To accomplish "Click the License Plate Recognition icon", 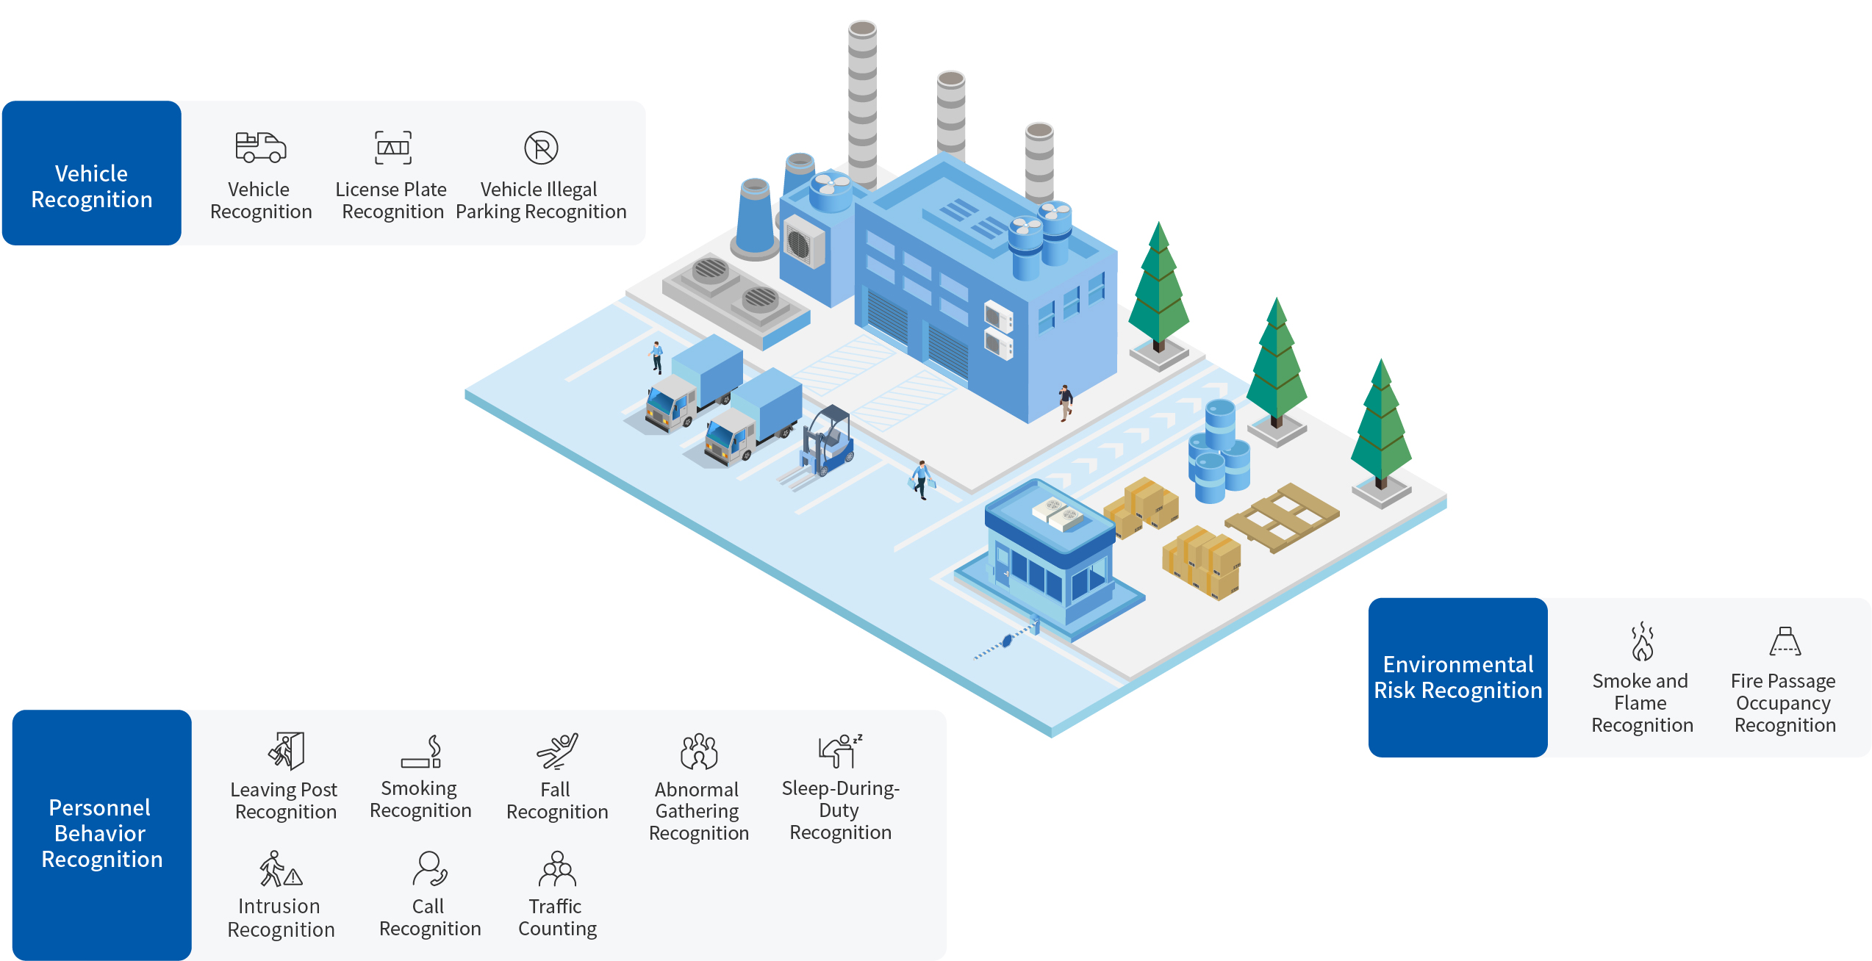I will pyautogui.click(x=393, y=148).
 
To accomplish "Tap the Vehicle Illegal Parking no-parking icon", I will pyautogui.click(x=541, y=148).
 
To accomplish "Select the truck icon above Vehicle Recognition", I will pyautogui.click(x=260, y=147).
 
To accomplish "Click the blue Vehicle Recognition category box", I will pyautogui.click(x=92, y=173).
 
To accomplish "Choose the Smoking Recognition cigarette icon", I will pyautogui.click(x=421, y=752).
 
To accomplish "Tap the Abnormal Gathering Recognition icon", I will pyautogui.click(x=699, y=751).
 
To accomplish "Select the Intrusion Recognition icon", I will pyautogui.click(x=281, y=869).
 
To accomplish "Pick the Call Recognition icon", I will pyautogui.click(x=430, y=869).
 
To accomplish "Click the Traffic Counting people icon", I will pyautogui.click(x=557, y=869).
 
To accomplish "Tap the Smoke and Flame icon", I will pyautogui.click(x=1642, y=641).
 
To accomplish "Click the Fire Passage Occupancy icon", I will pyautogui.click(x=1785, y=641).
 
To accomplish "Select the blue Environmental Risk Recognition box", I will pyautogui.click(x=1457, y=677).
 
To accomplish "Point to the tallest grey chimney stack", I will pyautogui.click(x=862, y=103).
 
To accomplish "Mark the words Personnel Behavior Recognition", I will pyautogui.click(x=101, y=833).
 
